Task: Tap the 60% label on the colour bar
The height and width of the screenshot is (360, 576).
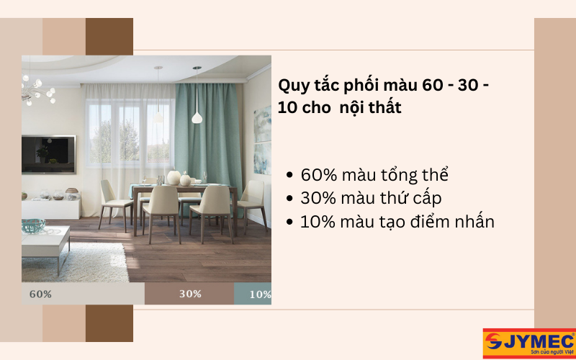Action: coord(40,294)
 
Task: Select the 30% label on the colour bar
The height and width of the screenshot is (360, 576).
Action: coord(190,294)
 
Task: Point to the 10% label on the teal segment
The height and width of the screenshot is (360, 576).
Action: coord(260,294)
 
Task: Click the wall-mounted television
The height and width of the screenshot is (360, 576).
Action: coord(48,153)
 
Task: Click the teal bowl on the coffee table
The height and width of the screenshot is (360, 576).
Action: coord(33,225)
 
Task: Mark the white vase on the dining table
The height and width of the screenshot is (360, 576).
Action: coord(174,178)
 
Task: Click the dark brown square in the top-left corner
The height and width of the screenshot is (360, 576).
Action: coord(109,36)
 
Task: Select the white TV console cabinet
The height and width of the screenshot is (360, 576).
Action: coord(50,208)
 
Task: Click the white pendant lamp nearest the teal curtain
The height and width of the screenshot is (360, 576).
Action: coord(197,115)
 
